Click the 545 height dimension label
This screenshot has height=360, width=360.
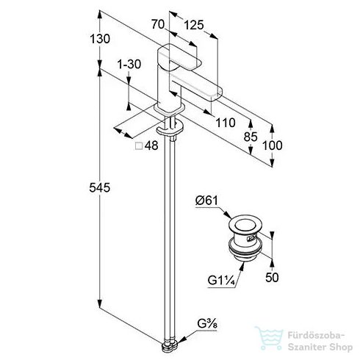click(x=100, y=188)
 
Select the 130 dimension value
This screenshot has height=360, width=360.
click(x=100, y=39)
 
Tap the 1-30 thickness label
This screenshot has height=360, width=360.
click(x=129, y=65)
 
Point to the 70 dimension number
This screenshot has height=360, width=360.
click(x=158, y=24)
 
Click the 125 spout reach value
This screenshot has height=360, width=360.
click(x=194, y=25)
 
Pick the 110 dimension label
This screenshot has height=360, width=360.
click(x=226, y=123)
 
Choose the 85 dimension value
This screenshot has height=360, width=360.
click(x=251, y=137)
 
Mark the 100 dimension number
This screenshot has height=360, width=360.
click(x=273, y=145)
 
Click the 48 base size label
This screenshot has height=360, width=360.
click(x=151, y=145)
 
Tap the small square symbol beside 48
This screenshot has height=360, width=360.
click(x=139, y=146)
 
